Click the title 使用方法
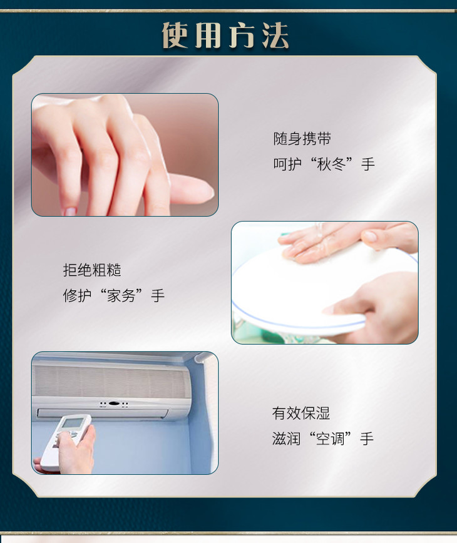[225, 35]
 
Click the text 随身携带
[302, 139]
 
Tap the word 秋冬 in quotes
[332, 164]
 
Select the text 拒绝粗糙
[92, 270]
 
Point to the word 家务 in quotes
[121, 296]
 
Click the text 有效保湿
[301, 413]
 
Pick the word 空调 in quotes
[331, 439]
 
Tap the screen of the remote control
[73, 423]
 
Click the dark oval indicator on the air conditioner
[114, 403]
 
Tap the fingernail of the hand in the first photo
[69, 211]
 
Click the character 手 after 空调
[367, 439]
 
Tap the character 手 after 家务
[157, 296]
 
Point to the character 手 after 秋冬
[368, 164]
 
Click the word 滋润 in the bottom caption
[286, 439]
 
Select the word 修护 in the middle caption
[77, 296]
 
